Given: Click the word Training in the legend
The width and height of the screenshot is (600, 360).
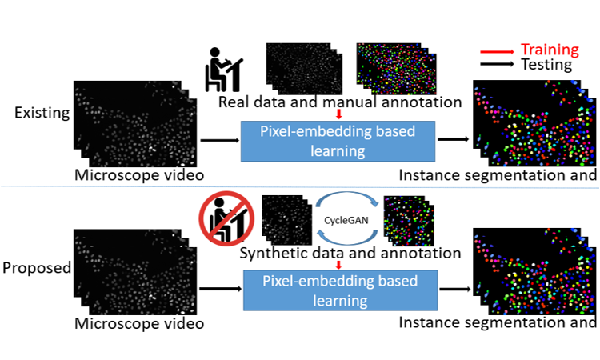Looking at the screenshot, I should (x=550, y=50).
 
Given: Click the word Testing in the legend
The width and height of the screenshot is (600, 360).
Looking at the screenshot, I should (x=546, y=65).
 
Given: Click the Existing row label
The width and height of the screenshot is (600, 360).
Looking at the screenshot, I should (x=42, y=112).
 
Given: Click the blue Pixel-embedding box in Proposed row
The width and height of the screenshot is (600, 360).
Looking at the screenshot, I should (x=339, y=290).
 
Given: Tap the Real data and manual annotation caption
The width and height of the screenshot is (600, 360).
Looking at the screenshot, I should (x=341, y=102).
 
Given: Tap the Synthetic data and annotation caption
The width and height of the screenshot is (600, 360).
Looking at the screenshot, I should (x=350, y=253).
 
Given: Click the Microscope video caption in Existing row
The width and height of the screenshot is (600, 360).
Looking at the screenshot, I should (x=139, y=174).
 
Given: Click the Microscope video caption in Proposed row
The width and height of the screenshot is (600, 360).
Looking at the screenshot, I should (x=139, y=323).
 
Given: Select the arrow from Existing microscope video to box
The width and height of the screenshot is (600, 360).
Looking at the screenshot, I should (x=217, y=140).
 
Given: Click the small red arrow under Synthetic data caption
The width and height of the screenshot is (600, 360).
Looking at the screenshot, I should (x=339, y=265).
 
